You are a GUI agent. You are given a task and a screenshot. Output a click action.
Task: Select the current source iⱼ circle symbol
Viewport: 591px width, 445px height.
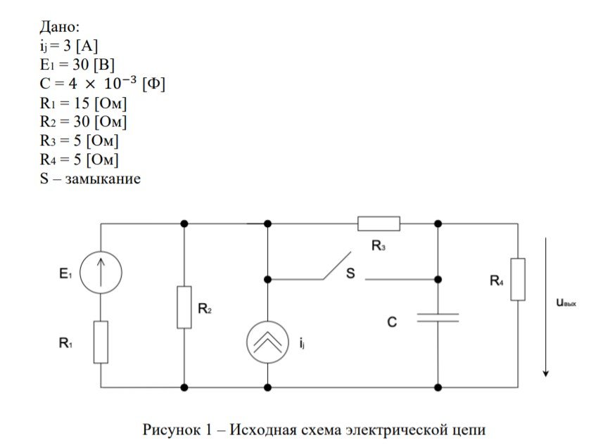(x=267, y=342)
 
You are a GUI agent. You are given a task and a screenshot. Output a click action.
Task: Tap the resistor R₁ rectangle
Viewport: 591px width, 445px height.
(x=101, y=342)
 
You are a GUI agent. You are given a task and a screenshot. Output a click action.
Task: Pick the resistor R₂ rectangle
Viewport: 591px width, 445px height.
(x=184, y=307)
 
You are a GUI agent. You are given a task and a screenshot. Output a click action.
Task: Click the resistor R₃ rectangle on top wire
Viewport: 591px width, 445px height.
(x=379, y=224)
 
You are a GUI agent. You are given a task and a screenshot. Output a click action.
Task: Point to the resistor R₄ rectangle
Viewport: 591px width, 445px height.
(x=518, y=279)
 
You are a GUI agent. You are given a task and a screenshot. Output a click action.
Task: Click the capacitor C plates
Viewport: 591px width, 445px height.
(x=438, y=318)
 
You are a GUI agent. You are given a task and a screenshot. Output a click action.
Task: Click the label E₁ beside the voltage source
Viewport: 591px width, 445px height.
(x=65, y=275)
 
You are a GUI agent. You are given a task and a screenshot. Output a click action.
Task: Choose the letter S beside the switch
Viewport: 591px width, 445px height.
(x=350, y=273)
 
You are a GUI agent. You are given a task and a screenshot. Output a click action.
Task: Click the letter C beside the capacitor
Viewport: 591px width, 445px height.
(x=393, y=322)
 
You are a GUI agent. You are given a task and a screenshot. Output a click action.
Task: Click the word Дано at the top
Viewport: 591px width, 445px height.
(x=60, y=27)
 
